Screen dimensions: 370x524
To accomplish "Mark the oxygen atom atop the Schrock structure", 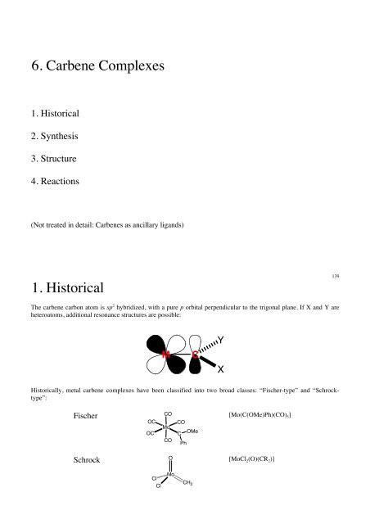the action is (x=169, y=459).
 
